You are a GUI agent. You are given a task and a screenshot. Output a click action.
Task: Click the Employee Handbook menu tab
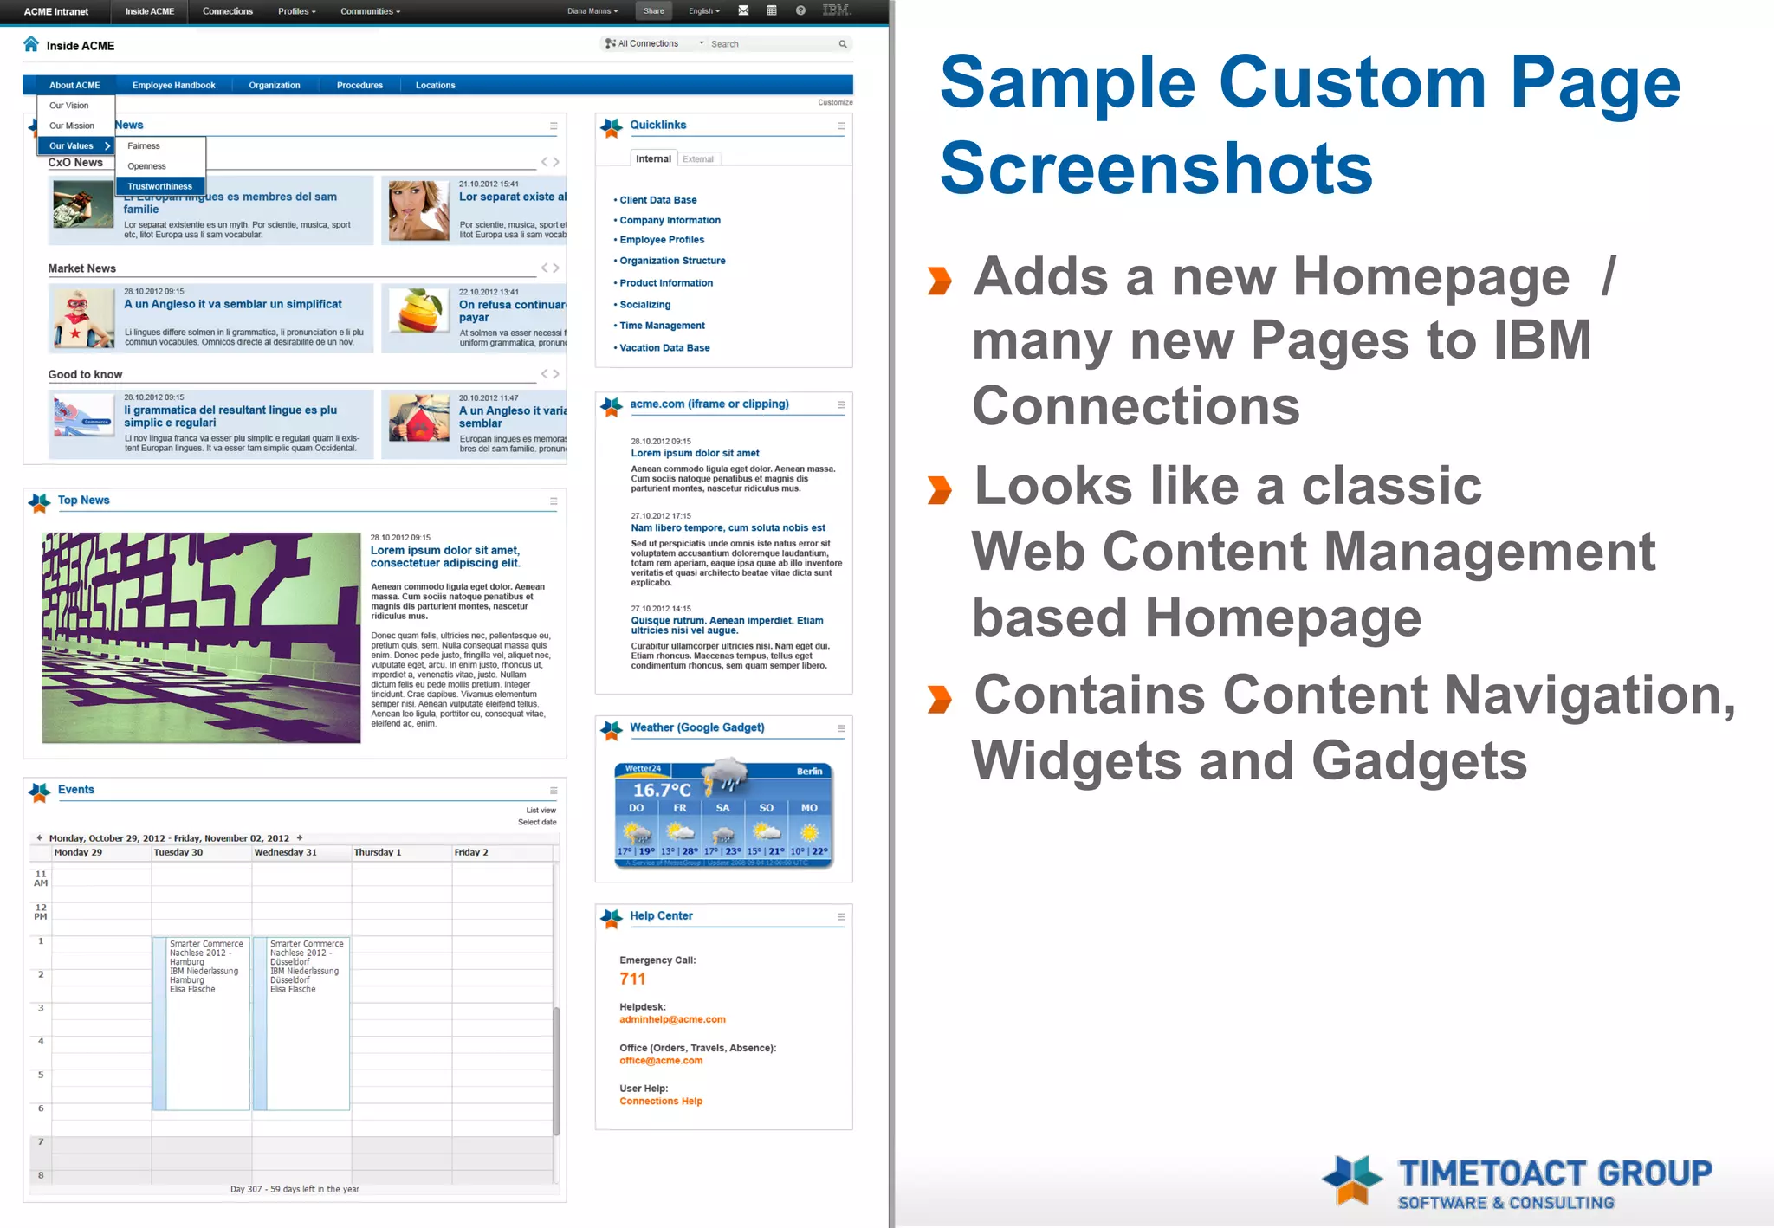(x=173, y=85)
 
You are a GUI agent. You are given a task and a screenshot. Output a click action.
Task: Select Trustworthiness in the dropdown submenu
(x=160, y=186)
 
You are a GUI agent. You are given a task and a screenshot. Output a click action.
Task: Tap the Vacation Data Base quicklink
(x=664, y=348)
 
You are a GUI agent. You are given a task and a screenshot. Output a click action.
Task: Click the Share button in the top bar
(x=654, y=11)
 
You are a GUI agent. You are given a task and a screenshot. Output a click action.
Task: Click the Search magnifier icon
(x=843, y=44)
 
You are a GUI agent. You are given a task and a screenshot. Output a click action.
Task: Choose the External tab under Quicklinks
(x=698, y=159)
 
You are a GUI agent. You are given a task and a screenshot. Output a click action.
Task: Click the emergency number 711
(x=632, y=979)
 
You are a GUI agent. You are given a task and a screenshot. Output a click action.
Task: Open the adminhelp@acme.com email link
(x=672, y=1020)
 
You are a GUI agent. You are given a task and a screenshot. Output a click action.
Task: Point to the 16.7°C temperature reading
(x=662, y=790)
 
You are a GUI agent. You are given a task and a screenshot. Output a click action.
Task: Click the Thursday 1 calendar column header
(x=378, y=853)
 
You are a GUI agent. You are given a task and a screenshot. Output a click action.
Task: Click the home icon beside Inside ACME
(x=31, y=44)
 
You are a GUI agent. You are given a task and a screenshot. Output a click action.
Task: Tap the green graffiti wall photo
(x=201, y=637)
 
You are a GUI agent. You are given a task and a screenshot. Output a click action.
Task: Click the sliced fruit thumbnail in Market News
(x=418, y=312)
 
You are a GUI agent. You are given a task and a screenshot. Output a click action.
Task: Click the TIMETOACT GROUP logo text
(x=1555, y=1174)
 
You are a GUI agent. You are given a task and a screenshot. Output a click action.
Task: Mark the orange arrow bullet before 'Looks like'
(x=940, y=489)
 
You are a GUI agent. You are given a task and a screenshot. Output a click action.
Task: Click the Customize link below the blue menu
(x=835, y=103)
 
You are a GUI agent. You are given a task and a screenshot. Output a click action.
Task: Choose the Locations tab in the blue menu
(x=435, y=85)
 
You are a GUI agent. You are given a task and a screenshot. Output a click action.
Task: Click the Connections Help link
(x=661, y=1102)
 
